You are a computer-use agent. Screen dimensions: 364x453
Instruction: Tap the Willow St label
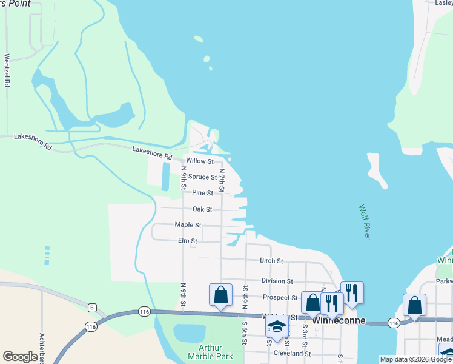(x=200, y=161)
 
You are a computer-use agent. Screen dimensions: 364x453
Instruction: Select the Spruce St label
(x=202, y=177)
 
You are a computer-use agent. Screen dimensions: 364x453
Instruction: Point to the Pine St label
(x=202, y=193)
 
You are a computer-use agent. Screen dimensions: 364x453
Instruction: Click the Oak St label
(x=202, y=209)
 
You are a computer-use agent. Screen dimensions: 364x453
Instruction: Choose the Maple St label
(x=188, y=225)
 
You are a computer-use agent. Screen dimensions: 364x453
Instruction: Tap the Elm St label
(x=188, y=241)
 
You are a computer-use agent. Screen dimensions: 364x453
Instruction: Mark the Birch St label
(x=271, y=261)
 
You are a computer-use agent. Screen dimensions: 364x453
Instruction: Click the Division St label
(x=277, y=281)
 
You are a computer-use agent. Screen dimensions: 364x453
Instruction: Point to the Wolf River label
(x=363, y=221)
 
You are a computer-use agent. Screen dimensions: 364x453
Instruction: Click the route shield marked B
(x=92, y=308)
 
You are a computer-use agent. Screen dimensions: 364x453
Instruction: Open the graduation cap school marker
(x=277, y=326)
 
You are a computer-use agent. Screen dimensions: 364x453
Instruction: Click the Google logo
(x=20, y=357)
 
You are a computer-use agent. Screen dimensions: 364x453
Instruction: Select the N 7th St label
(x=222, y=181)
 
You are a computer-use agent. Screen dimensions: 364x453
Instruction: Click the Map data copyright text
(x=415, y=359)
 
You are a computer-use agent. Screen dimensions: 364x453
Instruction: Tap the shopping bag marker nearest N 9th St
(x=220, y=295)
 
